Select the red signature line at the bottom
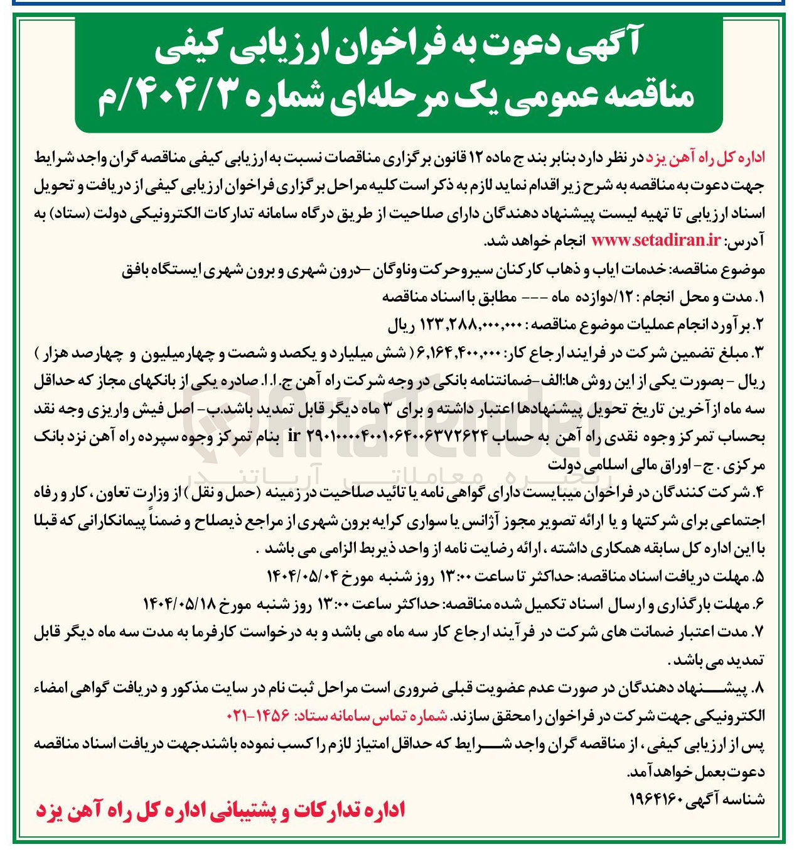tap(220, 810)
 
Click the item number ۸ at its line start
tap(758, 688)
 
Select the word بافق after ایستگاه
tap(137, 270)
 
